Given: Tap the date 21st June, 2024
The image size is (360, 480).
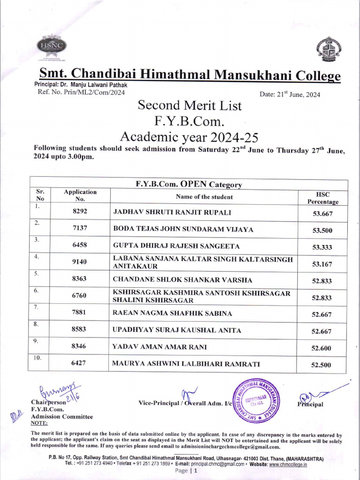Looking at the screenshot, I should (x=290, y=94).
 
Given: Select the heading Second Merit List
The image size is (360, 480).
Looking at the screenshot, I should (x=190, y=105).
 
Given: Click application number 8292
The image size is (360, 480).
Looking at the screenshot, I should (x=80, y=212).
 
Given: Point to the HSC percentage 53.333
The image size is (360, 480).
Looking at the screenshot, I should (x=322, y=247).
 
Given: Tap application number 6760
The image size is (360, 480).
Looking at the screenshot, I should (x=80, y=296).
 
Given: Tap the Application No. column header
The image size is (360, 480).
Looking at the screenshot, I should (x=80, y=195).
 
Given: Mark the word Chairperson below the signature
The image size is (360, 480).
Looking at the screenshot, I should (x=47, y=402).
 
